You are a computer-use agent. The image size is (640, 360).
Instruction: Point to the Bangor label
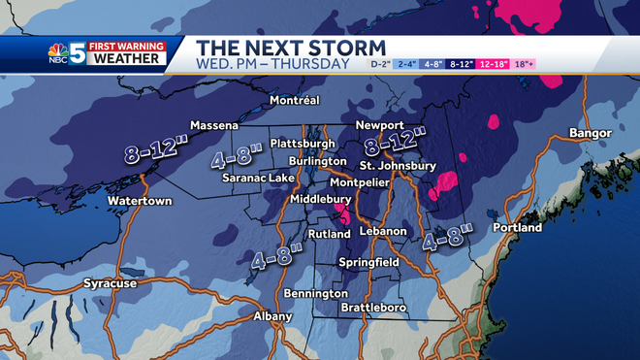click(x=591, y=133)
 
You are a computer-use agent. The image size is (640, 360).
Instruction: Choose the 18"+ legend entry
click(x=524, y=64)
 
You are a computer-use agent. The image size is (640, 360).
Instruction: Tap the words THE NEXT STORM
click(x=291, y=48)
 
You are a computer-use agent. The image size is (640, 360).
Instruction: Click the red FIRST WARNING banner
click(x=124, y=44)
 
